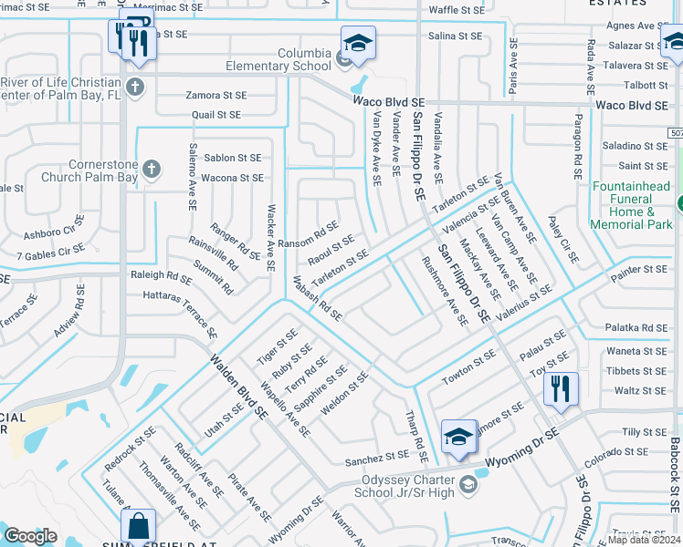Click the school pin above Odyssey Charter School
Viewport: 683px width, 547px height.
[458, 438]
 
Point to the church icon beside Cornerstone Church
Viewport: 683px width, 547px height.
[152, 170]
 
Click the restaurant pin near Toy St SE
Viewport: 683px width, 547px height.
[561, 388]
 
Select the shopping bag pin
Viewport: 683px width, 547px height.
[138, 526]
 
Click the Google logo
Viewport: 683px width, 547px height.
[30, 535]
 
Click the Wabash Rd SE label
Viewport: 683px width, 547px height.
[317, 302]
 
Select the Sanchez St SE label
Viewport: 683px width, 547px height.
[376, 454]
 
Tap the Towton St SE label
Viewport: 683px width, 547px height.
[468, 366]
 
